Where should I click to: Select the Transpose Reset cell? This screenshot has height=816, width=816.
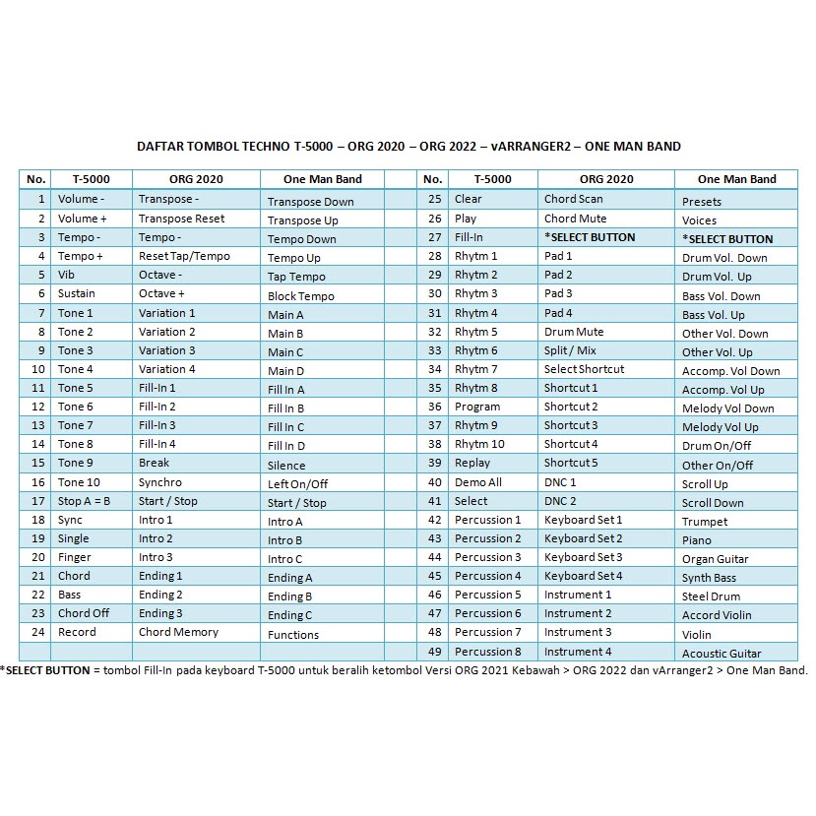pos(182,219)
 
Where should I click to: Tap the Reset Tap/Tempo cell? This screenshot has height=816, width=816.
pos(184,256)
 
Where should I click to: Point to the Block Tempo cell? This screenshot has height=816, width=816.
pos(301,296)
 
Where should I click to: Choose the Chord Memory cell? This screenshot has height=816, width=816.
pos(178,632)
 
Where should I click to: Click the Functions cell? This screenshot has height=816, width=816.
pos(293,635)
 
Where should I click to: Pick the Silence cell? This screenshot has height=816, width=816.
pos(286,466)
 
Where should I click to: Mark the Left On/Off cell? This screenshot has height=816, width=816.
pos(297,484)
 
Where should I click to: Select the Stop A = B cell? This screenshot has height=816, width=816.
pos(84,501)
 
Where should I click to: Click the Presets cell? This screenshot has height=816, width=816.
pos(702,202)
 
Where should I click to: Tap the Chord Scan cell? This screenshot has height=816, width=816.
pos(574,199)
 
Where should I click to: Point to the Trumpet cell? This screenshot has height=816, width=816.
pos(705,522)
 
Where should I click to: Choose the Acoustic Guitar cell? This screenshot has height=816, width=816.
pos(722,654)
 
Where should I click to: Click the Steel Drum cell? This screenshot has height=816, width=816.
pos(711,596)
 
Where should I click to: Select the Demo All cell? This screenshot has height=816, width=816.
pos(478,482)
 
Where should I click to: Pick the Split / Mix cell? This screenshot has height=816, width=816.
pos(570,350)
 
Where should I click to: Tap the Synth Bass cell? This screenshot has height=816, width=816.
pos(709,578)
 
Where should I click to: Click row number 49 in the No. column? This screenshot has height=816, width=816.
pos(434,652)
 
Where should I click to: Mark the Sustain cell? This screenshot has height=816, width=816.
pos(76,293)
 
